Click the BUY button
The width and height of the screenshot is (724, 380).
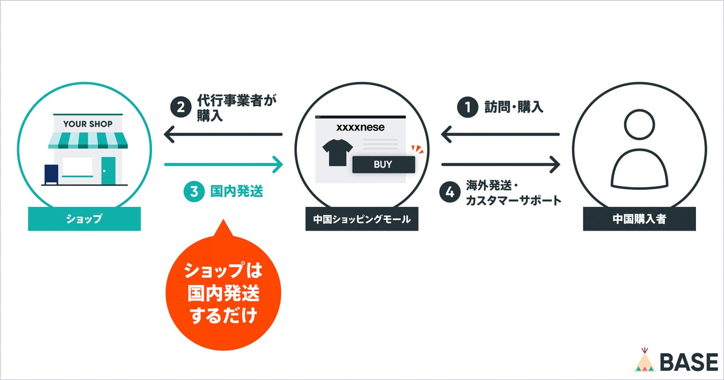[383, 165]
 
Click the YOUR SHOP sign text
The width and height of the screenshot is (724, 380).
[88, 124]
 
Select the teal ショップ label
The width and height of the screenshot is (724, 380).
[84, 219]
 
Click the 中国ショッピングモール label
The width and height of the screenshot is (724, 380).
[361, 219]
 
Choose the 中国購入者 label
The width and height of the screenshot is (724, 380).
[639, 219]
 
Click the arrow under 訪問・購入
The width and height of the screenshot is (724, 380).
[500, 134]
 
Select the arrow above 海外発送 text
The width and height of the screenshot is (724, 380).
[500, 164]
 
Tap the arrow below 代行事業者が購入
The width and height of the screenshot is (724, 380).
[223, 134]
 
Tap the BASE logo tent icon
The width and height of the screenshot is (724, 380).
[644, 361]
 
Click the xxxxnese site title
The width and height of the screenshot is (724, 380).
[360, 128]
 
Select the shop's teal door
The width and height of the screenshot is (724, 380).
[108, 170]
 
